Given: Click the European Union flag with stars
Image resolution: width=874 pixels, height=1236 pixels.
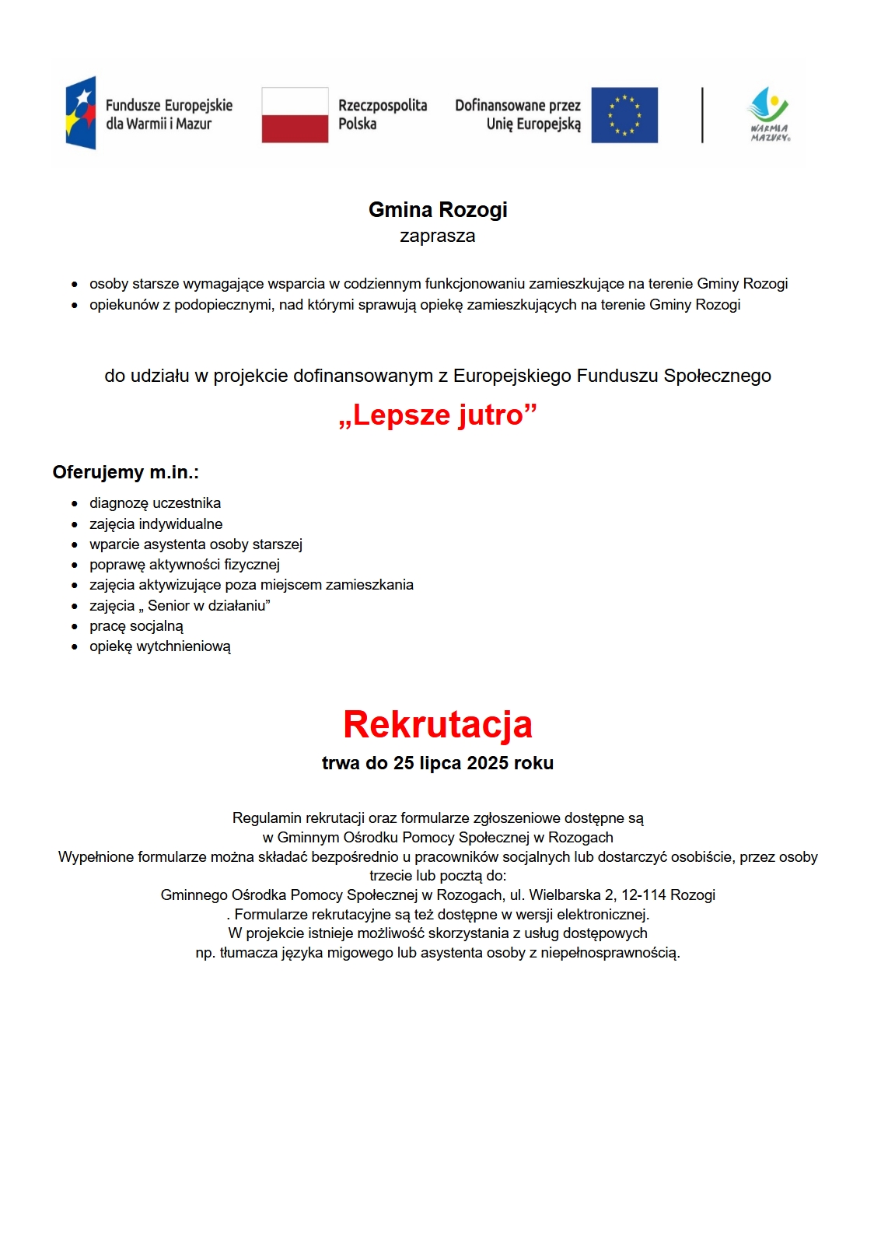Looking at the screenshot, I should point(624,115).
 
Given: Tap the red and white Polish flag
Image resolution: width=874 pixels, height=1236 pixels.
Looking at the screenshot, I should point(295,115).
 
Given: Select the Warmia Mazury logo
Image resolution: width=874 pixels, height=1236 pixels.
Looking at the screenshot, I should point(769,114).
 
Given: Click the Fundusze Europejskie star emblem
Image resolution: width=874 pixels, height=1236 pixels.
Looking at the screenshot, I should point(81,114).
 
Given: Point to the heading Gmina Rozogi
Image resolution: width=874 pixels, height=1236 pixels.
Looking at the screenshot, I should point(438,210).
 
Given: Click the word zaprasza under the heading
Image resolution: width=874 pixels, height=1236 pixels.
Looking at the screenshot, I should point(437,236).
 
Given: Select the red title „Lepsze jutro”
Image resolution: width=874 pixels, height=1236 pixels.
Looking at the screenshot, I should point(438,415).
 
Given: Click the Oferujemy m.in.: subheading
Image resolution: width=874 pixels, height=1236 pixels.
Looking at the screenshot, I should point(125,472).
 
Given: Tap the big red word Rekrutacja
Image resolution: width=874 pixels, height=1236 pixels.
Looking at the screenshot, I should point(438,724).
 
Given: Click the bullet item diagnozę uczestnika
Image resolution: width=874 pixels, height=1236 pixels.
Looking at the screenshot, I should point(155,503).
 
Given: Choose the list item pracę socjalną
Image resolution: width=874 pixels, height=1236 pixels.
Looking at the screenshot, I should point(136,626).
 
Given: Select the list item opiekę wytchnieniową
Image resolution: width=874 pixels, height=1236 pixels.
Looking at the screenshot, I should point(159,646).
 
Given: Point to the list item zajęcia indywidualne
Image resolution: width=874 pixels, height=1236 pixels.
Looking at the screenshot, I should point(156,524).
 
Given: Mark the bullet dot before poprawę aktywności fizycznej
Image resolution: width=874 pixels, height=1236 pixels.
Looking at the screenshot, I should point(75,565).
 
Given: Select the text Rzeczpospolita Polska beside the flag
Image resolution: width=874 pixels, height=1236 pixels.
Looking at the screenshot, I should point(382,114).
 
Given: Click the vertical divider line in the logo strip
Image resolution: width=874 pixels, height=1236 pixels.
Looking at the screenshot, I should point(702,115).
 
